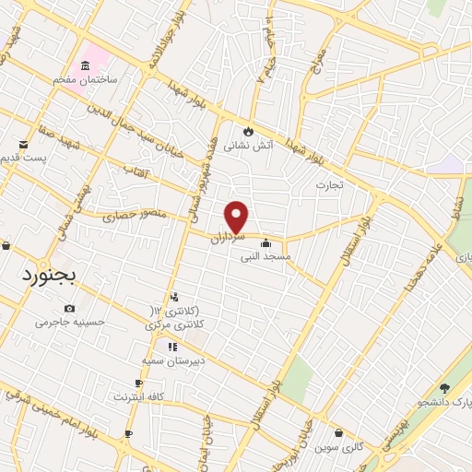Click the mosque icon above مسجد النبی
pyautogui.click(x=266, y=243)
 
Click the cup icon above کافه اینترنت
pyautogui.click(x=139, y=383)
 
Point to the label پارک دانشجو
pyautogui.click(x=441, y=402)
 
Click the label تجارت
pyautogui.click(x=329, y=185)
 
